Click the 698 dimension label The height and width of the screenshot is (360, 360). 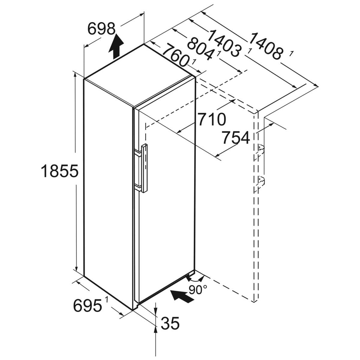pyautogui.click(x=101, y=28)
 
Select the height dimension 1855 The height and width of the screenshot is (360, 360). pyautogui.click(x=59, y=171)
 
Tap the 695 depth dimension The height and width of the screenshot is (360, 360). pyautogui.click(x=87, y=306)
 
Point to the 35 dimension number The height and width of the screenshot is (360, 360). pyautogui.click(x=170, y=323)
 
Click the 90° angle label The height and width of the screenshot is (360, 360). pyautogui.click(x=198, y=290)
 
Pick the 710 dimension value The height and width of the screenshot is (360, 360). pyautogui.click(x=211, y=120)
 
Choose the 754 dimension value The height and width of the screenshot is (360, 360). pyautogui.click(x=236, y=138)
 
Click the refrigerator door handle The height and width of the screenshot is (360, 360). pyautogui.click(x=144, y=168)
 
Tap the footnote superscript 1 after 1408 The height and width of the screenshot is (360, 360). pyautogui.click(x=291, y=53)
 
